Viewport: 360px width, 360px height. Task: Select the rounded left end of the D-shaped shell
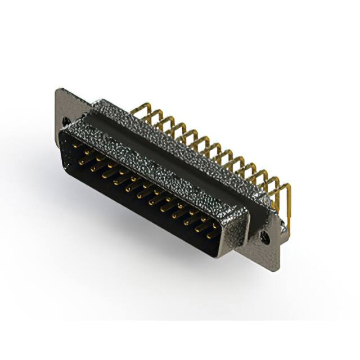point(63,141)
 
